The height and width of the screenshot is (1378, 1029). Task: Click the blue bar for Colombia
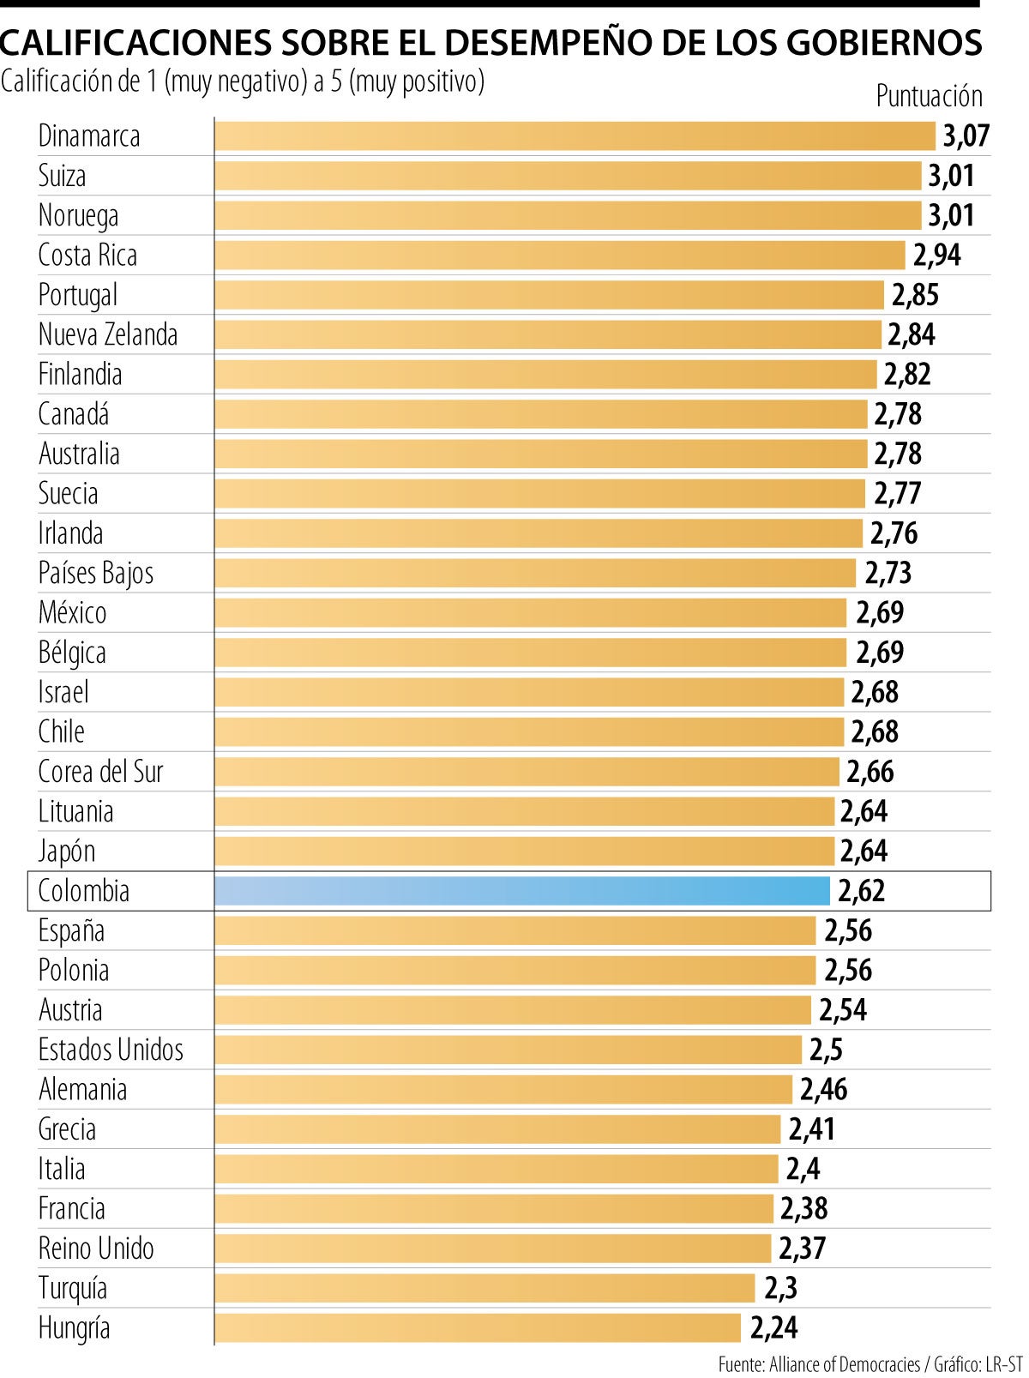click(x=521, y=891)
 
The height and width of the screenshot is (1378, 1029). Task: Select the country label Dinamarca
click(x=89, y=136)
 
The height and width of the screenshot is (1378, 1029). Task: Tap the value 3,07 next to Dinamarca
click(x=966, y=136)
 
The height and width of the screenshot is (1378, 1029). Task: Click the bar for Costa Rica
click(x=559, y=256)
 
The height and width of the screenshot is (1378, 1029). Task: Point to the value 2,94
click(x=936, y=256)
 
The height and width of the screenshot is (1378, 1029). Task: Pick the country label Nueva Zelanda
click(x=108, y=334)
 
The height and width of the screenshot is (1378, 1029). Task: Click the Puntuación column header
click(x=929, y=96)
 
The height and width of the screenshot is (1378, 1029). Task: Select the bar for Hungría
click(x=477, y=1328)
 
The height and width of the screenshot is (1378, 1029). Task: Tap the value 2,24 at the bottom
click(x=773, y=1328)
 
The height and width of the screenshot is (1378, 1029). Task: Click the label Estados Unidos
click(x=111, y=1050)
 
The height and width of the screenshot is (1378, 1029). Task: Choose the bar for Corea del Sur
click(x=527, y=772)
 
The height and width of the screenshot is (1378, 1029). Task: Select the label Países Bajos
click(x=96, y=573)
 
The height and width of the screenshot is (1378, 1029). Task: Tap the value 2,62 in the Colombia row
click(x=861, y=891)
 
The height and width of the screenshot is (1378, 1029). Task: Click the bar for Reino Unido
click(x=492, y=1249)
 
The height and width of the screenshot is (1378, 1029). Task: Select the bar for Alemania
click(x=502, y=1090)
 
